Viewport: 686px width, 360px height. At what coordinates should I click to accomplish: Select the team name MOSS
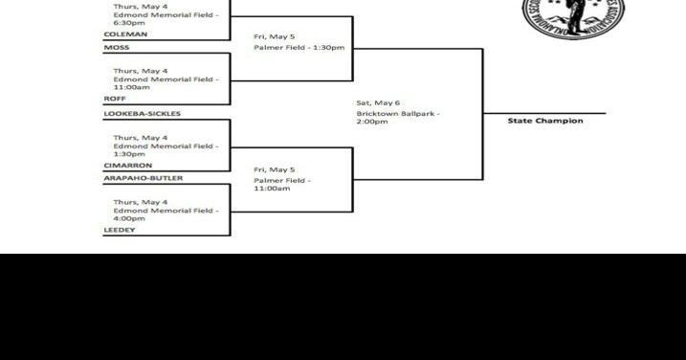pos(117,47)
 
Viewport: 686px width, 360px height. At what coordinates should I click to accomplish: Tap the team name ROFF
pos(115,99)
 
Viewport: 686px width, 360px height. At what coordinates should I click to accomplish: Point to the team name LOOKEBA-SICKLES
pos(142,114)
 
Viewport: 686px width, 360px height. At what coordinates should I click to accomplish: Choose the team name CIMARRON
pos(127,165)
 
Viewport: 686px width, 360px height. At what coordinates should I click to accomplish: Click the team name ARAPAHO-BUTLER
pos(143,178)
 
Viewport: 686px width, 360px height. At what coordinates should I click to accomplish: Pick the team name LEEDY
pos(119,230)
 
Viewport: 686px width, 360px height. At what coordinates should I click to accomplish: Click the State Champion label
pos(544,121)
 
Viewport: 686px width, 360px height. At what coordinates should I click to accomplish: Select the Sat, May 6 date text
pos(378,102)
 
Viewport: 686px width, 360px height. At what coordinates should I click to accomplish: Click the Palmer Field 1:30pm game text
pos(299,48)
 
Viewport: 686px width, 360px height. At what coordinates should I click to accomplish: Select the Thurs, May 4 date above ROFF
pos(140,71)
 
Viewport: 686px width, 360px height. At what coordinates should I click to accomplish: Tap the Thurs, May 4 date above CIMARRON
pos(140,138)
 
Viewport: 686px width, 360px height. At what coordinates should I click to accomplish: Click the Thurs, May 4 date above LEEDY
pos(140,202)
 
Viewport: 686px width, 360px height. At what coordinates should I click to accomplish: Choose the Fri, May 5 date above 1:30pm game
pos(274,36)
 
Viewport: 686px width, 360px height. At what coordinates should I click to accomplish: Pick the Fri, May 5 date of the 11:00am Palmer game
pos(274,169)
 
